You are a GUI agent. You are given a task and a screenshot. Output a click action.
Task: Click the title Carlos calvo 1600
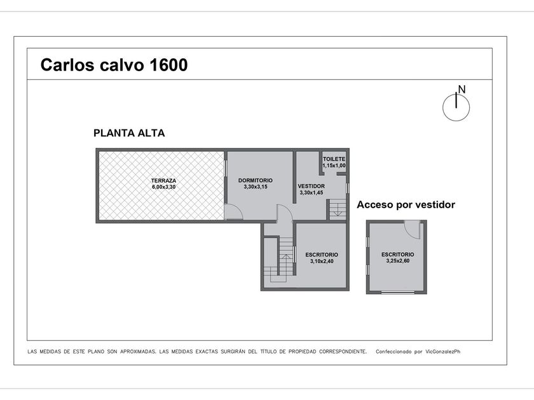click(x=114, y=65)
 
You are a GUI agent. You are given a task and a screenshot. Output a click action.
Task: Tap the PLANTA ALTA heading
click(x=129, y=133)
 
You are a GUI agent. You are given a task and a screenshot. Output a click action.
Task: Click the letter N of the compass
click(x=462, y=90)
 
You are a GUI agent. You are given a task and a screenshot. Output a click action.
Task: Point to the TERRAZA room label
click(x=164, y=180)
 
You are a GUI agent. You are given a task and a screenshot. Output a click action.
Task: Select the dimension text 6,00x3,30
click(x=164, y=187)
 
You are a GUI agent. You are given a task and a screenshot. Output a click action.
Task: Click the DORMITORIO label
click(x=256, y=180)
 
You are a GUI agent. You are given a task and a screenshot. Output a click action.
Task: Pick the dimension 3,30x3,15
click(x=256, y=187)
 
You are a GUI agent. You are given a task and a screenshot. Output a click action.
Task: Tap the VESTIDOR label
click(x=311, y=186)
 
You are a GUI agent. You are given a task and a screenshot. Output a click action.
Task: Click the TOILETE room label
click(x=334, y=159)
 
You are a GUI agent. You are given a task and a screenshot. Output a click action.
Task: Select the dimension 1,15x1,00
click(x=334, y=166)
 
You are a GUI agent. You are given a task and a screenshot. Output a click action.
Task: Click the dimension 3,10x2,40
click(x=322, y=261)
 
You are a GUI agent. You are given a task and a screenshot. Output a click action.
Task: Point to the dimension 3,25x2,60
click(x=398, y=261)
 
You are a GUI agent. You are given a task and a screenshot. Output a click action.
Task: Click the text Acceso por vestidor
click(x=406, y=204)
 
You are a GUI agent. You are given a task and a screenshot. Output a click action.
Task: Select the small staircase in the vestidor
click(x=337, y=210)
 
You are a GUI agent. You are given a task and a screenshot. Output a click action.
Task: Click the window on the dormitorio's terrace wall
click(x=226, y=168)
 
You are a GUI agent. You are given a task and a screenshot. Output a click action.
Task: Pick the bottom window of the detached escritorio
click(x=398, y=292)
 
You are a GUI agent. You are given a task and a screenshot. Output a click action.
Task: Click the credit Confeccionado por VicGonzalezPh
click(x=418, y=352)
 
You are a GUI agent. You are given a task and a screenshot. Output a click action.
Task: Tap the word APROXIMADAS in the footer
click(x=138, y=352)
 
